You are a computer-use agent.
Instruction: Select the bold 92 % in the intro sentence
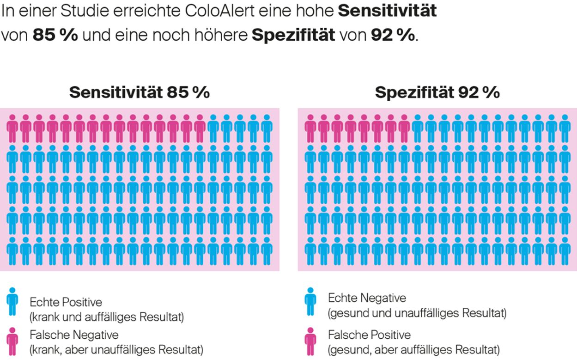point(393,36)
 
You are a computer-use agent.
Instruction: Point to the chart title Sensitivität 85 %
point(140,92)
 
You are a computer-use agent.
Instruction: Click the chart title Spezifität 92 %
point(437,92)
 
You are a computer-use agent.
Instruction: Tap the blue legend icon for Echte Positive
point(12,302)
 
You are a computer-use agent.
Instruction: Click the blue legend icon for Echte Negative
point(310,302)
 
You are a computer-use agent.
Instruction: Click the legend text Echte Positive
point(66,302)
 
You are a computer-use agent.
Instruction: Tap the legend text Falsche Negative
point(74,334)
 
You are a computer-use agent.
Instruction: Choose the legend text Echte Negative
point(367,298)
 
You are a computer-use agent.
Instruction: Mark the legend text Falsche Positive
point(369,334)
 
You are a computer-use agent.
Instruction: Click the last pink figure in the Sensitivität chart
point(200,129)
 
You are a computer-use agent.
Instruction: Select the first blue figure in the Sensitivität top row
point(213,129)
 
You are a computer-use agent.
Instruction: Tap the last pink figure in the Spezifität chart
point(404,129)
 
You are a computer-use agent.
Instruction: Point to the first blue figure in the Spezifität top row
point(418,129)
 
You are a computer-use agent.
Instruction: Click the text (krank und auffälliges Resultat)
point(107,317)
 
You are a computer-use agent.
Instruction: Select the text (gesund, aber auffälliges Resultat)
point(413,349)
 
